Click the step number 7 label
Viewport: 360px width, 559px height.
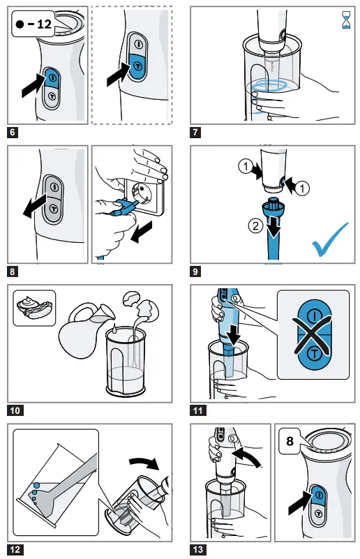pyautogui.click(x=197, y=131)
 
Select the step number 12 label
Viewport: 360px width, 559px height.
pyautogui.click(x=15, y=549)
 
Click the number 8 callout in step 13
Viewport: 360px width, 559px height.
pyautogui.click(x=290, y=440)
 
